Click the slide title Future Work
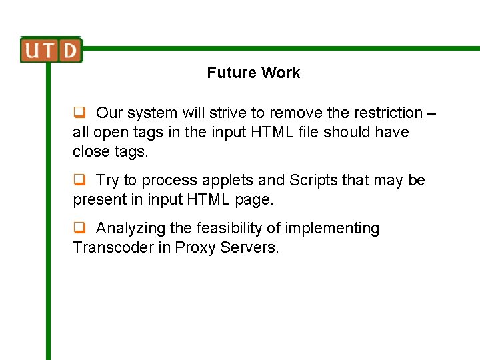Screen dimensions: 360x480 click(253, 73)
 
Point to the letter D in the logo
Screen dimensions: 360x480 click(69, 51)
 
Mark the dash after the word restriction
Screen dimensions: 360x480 click(431, 113)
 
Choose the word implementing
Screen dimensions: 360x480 click(332, 228)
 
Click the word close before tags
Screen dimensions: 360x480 click(90, 151)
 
